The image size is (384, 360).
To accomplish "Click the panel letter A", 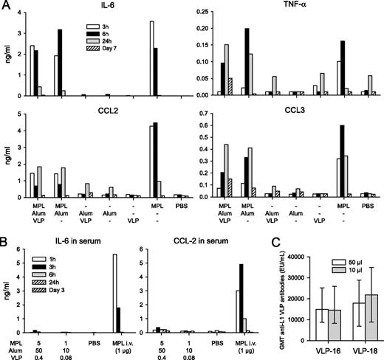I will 6,6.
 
